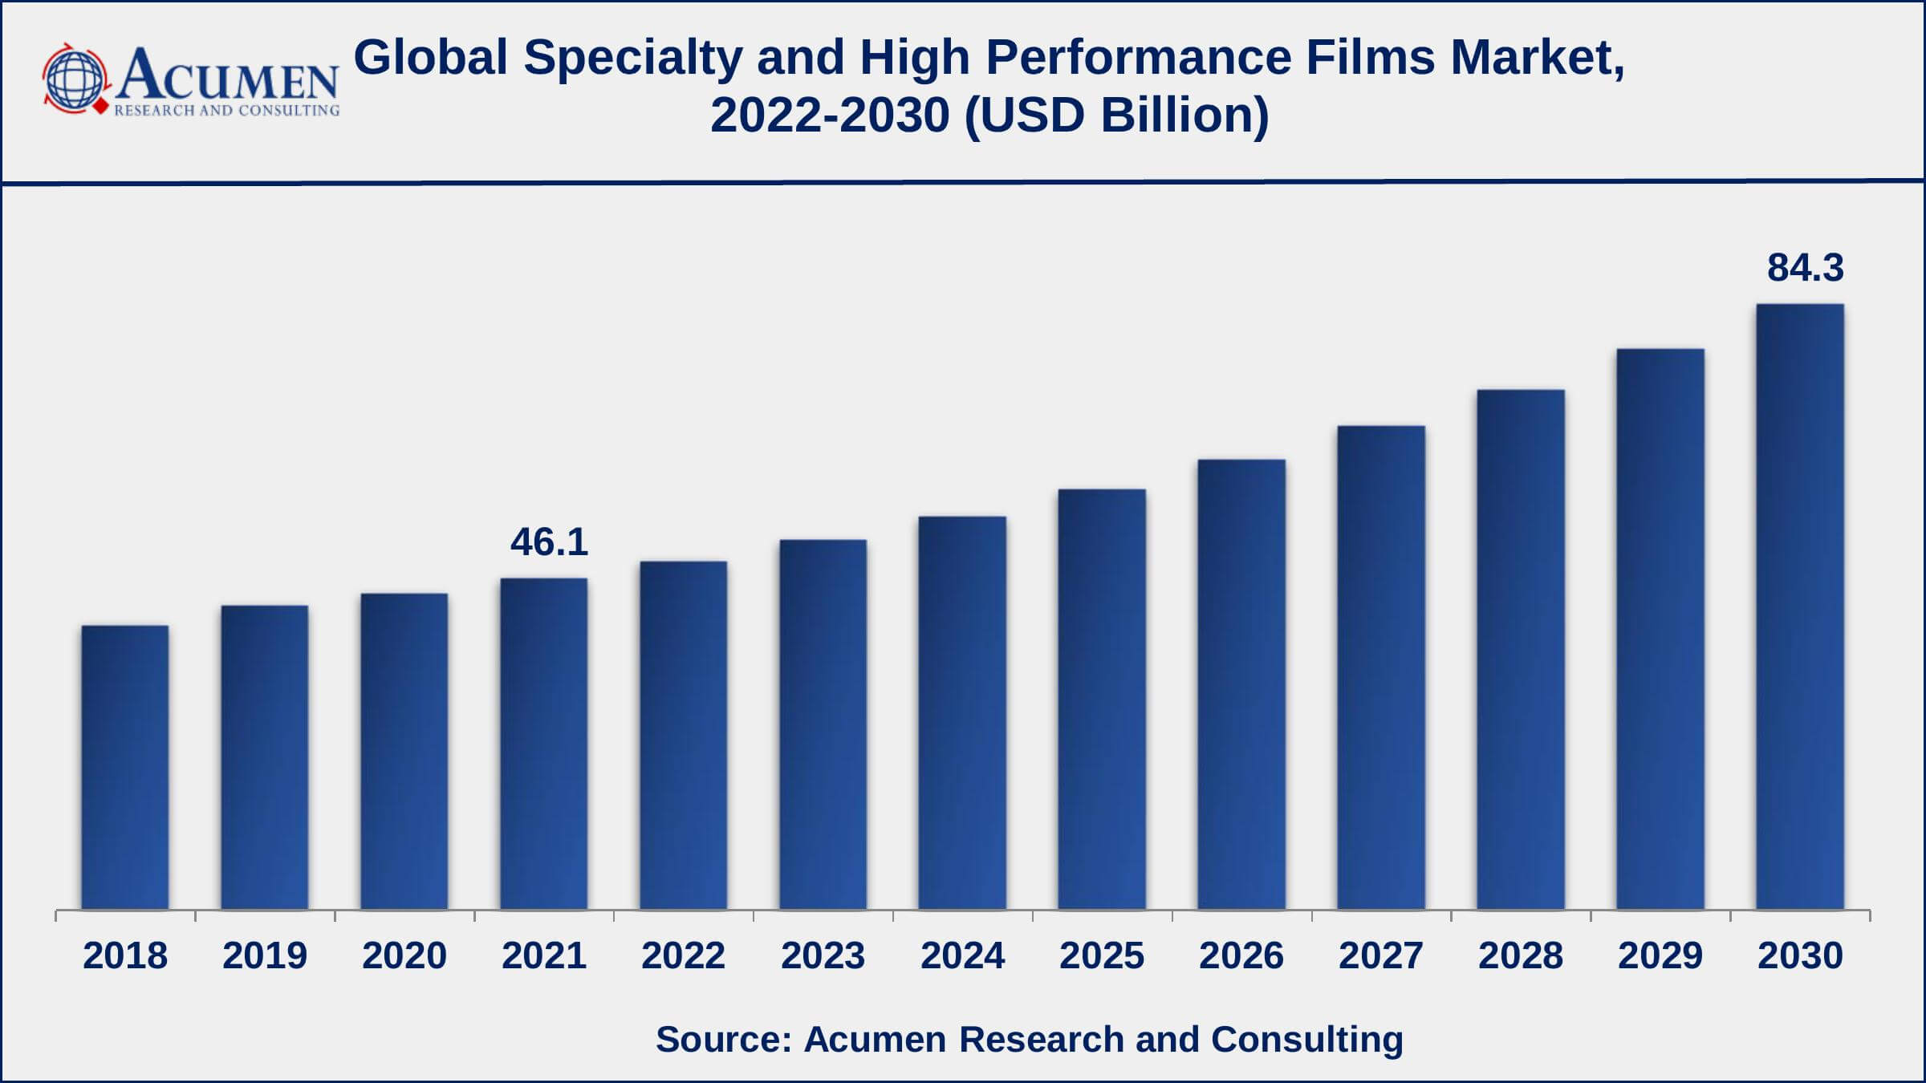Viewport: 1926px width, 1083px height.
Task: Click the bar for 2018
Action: point(125,767)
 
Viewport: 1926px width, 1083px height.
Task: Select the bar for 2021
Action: point(544,744)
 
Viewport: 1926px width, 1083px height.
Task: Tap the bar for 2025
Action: point(1102,699)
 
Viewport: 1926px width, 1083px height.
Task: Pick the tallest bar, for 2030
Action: point(1800,606)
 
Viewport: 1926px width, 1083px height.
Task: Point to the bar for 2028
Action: point(1521,650)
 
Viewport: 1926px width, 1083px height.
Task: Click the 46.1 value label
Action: point(550,542)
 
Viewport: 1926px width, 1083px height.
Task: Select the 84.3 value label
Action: point(1806,268)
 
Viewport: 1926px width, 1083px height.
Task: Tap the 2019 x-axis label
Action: point(265,955)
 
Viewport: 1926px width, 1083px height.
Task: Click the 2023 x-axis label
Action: point(823,955)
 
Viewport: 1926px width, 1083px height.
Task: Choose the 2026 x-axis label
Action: point(1241,955)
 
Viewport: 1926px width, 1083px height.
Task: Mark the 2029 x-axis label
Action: point(1660,955)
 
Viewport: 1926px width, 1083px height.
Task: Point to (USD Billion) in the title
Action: point(1117,116)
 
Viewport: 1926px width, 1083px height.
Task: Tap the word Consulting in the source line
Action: point(1306,1039)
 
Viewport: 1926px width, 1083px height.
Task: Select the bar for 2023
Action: point(823,724)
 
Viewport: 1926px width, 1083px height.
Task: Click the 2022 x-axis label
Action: point(683,955)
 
